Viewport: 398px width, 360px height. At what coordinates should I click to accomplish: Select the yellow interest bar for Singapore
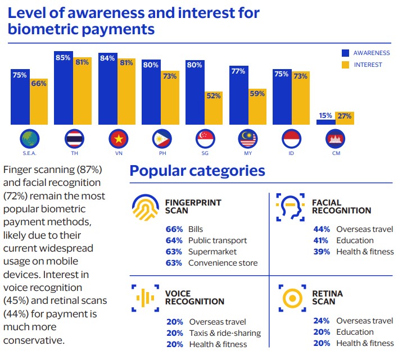(214, 108)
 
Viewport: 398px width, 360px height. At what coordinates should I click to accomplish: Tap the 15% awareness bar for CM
(325, 121)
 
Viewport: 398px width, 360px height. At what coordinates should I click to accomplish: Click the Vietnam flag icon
(117, 138)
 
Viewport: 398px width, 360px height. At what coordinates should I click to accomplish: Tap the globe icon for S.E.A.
(29, 138)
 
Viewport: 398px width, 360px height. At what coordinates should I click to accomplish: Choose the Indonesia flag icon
(292, 138)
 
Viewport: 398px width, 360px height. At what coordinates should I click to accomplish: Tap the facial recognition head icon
(290, 206)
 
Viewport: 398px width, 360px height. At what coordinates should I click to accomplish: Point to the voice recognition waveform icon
(146, 297)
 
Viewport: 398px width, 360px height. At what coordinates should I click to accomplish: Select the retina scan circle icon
(290, 298)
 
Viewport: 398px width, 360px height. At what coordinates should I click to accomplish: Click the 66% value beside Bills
(174, 229)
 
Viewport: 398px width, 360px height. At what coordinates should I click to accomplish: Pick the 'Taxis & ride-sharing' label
(225, 333)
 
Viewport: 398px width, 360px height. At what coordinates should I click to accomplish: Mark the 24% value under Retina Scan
(322, 321)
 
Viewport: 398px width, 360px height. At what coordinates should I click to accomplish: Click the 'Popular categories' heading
(197, 170)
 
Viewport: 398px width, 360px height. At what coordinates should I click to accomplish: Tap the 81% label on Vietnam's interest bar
(127, 62)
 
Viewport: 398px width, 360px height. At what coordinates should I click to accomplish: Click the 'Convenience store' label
(223, 263)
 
